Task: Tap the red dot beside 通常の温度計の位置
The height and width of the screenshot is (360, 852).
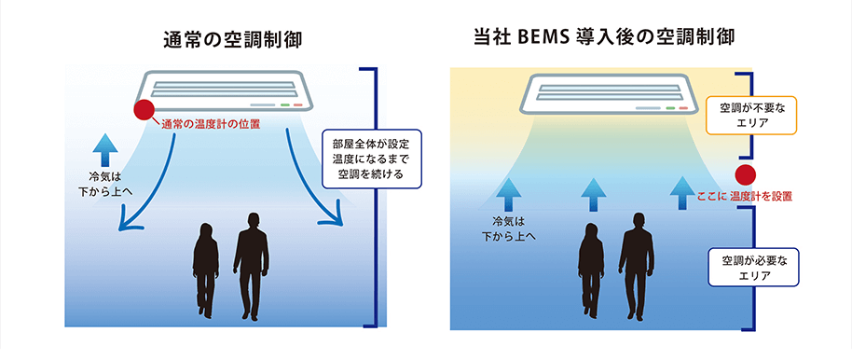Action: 144,110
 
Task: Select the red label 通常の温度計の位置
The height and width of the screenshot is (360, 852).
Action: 210,123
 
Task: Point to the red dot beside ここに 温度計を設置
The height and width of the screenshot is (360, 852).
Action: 745,175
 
